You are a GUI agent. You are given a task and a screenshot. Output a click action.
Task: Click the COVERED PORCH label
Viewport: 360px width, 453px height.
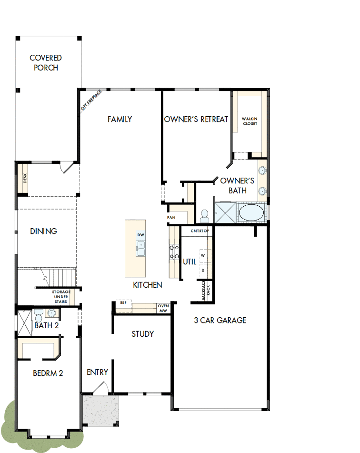coord(46,63)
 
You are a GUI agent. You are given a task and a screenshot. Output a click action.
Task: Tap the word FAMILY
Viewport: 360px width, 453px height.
coord(120,119)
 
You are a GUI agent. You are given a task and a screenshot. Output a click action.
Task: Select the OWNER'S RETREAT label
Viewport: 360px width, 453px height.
coord(196,119)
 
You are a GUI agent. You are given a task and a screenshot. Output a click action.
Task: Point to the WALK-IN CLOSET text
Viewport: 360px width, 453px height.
coord(250,121)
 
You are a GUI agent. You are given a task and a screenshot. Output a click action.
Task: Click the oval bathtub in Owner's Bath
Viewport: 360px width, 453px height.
coord(250,213)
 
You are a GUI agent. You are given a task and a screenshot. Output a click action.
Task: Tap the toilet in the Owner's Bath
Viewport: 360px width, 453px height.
coord(205,216)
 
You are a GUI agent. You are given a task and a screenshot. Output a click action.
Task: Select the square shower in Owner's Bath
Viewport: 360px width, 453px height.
coord(225,212)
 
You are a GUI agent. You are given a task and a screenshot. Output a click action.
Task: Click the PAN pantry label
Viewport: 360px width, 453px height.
coord(171,218)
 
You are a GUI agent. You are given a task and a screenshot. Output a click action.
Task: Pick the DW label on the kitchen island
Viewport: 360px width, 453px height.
coord(140,235)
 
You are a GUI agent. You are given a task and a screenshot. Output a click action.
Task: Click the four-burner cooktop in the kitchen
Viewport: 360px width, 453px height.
coord(174,252)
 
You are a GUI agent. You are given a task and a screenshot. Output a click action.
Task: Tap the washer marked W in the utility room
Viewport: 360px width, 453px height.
coord(203,255)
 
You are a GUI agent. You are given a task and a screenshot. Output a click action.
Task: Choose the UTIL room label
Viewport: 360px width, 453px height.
coord(190,262)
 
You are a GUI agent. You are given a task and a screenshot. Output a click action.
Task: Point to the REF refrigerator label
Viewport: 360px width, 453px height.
coord(123,302)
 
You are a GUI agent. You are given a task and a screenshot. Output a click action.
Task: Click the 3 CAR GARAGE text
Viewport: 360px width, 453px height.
coord(220,320)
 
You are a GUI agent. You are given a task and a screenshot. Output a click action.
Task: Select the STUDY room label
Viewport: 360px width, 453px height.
coord(143,334)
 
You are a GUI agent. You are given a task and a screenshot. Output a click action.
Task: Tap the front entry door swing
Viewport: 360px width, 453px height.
coord(101,388)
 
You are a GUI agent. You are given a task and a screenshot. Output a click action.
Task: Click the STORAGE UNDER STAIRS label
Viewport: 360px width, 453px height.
coord(61,296)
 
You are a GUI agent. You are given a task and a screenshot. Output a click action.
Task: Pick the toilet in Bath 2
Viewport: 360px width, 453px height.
coord(39,314)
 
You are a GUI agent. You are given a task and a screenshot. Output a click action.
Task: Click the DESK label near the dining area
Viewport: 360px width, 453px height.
coord(25,178)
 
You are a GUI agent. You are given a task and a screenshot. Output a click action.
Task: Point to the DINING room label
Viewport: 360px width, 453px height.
coord(43,231)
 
